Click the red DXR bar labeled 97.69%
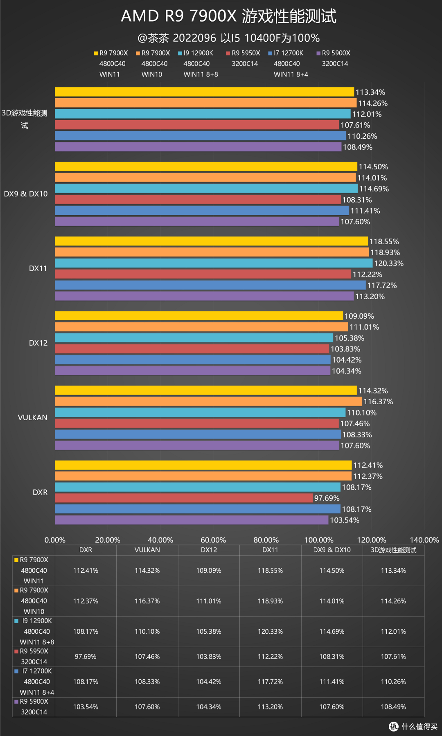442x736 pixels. [184, 498]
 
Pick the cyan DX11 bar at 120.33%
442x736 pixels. [214, 263]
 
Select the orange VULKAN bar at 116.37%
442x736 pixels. [208, 401]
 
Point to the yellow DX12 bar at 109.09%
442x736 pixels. [199, 316]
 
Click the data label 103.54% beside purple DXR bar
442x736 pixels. [345, 520]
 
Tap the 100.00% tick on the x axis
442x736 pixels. [319, 540]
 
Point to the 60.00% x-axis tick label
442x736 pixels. [213, 540]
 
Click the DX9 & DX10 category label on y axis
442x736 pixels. [26, 194]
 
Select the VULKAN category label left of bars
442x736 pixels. [33, 418]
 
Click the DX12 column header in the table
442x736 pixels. [209, 550]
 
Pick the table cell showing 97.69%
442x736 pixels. [86, 657]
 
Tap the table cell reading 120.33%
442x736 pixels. [270, 631]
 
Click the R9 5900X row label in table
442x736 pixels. [34, 702]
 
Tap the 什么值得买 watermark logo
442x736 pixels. [413, 726]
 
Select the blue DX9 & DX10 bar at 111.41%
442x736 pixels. [202, 211]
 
